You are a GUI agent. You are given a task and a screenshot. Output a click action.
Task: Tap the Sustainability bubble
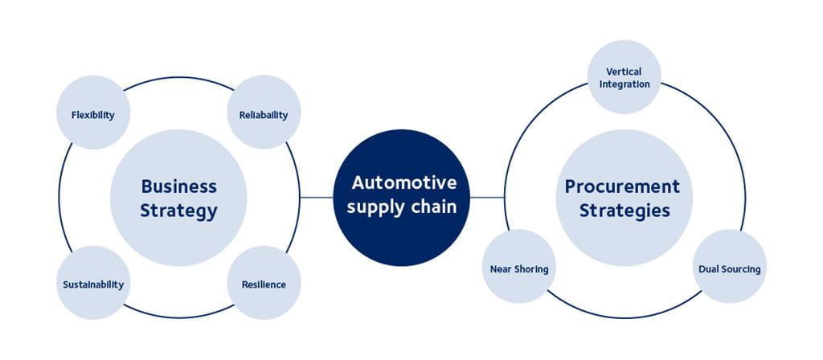(93, 283)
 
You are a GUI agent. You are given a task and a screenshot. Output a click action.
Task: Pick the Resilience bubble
(264, 283)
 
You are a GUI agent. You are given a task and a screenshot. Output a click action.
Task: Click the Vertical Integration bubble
(624, 77)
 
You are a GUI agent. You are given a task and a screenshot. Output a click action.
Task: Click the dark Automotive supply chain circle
(400, 197)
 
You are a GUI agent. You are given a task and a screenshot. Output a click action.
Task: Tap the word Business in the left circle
(178, 186)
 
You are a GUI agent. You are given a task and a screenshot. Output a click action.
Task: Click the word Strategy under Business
(178, 211)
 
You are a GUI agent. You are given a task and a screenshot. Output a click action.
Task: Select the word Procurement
(622, 186)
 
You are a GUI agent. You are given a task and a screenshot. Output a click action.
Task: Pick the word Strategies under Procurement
(624, 211)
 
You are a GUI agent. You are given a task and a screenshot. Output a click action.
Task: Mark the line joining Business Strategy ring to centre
(317, 197)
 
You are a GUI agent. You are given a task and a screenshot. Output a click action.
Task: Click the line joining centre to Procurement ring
(486, 197)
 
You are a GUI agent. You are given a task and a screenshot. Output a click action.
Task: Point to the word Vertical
(624, 72)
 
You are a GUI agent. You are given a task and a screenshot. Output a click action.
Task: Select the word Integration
(624, 84)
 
